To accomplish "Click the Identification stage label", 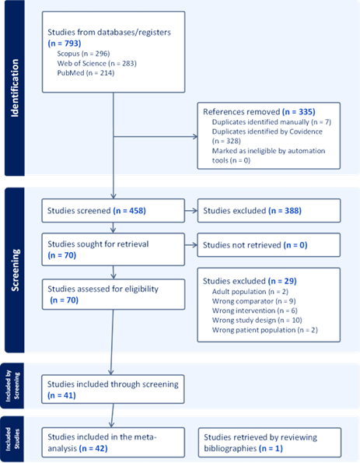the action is [15, 88].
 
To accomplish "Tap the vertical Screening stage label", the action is [15, 270].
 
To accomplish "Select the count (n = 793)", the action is [65, 44].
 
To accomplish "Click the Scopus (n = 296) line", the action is [83, 54].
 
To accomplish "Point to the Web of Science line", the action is [96, 63].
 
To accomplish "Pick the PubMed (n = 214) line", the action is [86, 72].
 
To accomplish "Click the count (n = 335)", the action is [299, 111].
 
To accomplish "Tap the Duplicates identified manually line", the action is [271, 121].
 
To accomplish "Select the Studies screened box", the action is [114, 211].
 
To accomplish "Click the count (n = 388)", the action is [285, 211].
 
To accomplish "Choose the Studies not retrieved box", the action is [269, 245].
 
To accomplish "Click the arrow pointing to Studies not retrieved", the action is [191, 245].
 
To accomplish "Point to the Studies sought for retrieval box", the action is [114, 249].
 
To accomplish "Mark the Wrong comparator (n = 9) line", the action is [253, 301].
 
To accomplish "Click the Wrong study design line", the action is [257, 320].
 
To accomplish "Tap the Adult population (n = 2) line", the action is [250, 292].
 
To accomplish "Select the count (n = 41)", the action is [61, 395].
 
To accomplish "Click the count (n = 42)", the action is [93, 448].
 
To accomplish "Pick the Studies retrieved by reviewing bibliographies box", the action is [270, 442].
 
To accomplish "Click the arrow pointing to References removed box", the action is [156, 136].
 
